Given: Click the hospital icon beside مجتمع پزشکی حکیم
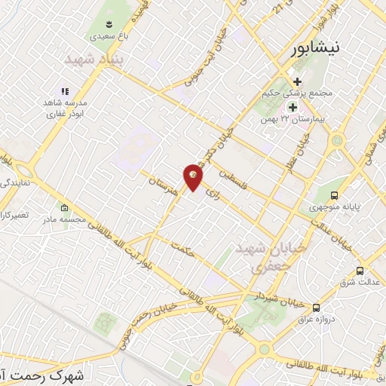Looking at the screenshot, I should click(x=297, y=81).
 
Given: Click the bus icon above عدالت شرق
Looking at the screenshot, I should click(x=359, y=271).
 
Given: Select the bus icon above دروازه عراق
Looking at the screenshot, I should click(x=316, y=307).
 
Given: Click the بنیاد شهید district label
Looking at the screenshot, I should click(x=93, y=59).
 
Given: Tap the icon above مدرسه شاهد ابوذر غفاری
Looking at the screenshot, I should click(x=65, y=90).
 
